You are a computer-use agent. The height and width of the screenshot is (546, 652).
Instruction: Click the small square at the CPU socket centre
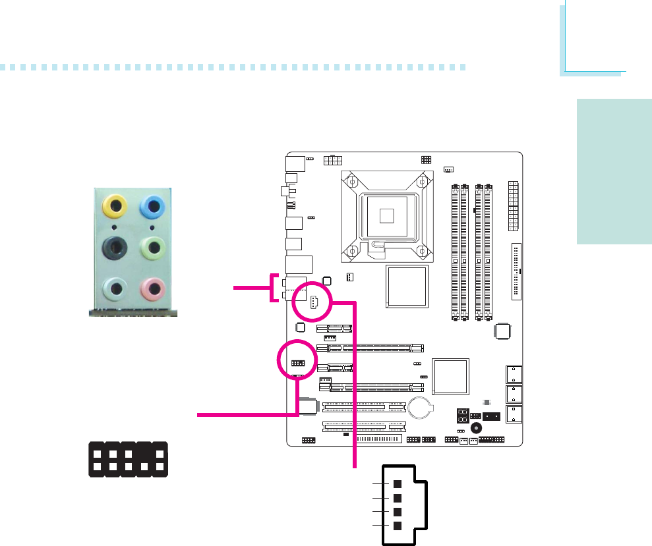coord(386,215)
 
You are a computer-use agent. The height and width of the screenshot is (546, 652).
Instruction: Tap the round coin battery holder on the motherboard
coord(420,407)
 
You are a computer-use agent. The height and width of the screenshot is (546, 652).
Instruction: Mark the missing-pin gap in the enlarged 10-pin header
coord(143,452)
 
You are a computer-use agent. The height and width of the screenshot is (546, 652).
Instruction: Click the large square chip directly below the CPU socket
coord(407,285)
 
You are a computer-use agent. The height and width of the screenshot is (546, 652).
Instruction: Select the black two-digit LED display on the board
coord(463,416)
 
